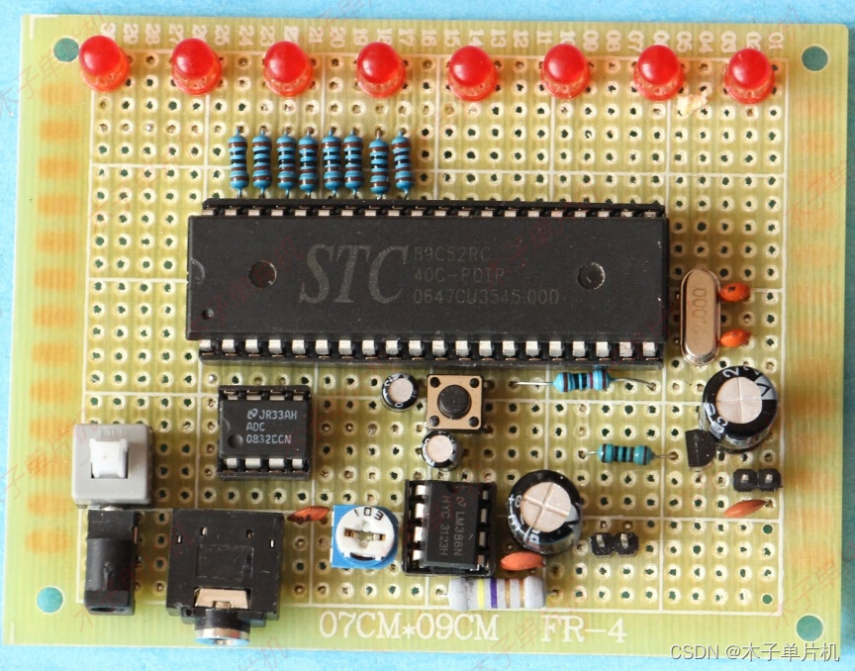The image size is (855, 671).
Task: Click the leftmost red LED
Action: click(103, 61)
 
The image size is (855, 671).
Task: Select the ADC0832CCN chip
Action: click(262, 431)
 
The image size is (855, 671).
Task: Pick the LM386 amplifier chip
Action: click(448, 527)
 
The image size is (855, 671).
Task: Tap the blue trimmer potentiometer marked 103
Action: click(364, 535)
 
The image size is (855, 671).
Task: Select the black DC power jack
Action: click(109, 560)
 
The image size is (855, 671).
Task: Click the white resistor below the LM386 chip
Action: click(496, 593)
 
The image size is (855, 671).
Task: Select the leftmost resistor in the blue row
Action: click(237, 162)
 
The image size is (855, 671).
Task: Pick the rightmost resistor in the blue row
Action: click(401, 162)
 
